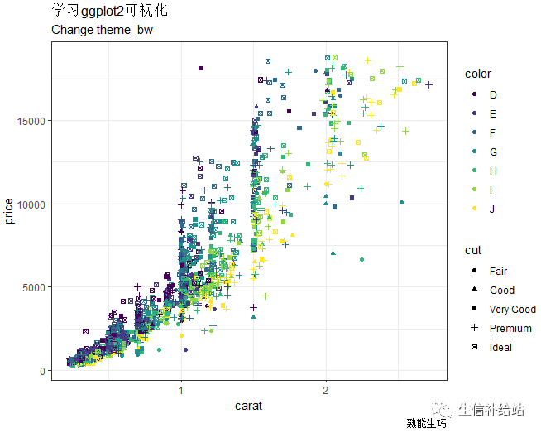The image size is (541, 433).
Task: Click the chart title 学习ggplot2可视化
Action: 108,11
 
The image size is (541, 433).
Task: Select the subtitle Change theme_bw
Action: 102,30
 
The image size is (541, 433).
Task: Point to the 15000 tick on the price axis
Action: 33,121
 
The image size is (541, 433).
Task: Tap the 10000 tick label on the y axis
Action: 33,204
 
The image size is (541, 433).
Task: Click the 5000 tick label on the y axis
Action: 36,287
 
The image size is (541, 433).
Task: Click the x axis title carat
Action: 249,406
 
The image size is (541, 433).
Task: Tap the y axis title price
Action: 9,210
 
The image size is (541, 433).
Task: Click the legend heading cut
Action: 472,250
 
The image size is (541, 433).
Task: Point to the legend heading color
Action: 477,75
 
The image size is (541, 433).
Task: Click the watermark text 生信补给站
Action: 491,410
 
